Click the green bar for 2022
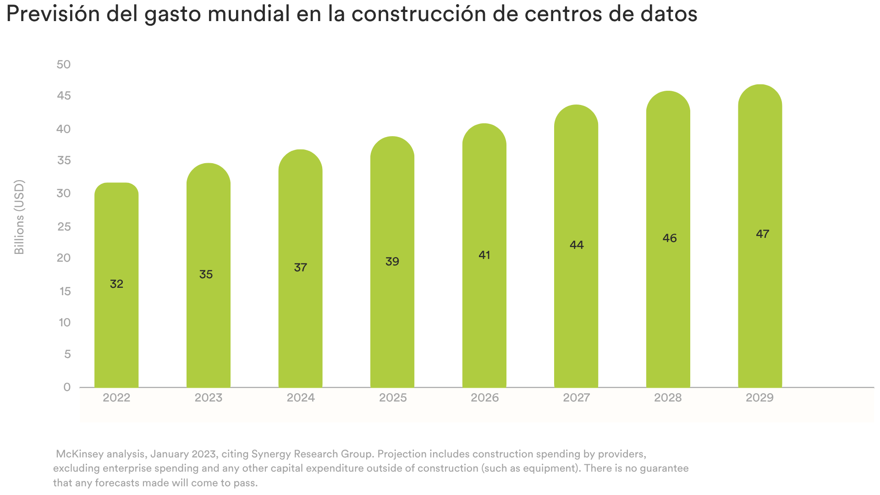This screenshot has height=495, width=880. [116, 285]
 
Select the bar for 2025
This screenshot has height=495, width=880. [392, 262]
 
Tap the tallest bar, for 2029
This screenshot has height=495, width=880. [760, 236]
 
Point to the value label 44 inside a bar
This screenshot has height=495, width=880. [577, 245]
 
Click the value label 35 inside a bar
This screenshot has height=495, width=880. [206, 275]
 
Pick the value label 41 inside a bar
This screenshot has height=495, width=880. [484, 255]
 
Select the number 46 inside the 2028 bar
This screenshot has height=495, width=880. [670, 238]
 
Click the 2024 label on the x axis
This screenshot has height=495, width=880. [301, 398]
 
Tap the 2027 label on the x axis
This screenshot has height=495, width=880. [577, 398]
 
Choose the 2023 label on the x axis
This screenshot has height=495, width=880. [209, 398]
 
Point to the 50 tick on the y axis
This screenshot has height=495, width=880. [64, 65]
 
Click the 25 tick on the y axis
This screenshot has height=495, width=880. [64, 227]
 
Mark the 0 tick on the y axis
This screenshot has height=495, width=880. [67, 387]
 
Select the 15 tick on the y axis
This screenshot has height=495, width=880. [65, 291]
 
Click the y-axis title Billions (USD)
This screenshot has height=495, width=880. [19, 217]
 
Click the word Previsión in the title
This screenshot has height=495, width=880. [53, 14]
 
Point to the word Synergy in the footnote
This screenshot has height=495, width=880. [271, 455]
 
